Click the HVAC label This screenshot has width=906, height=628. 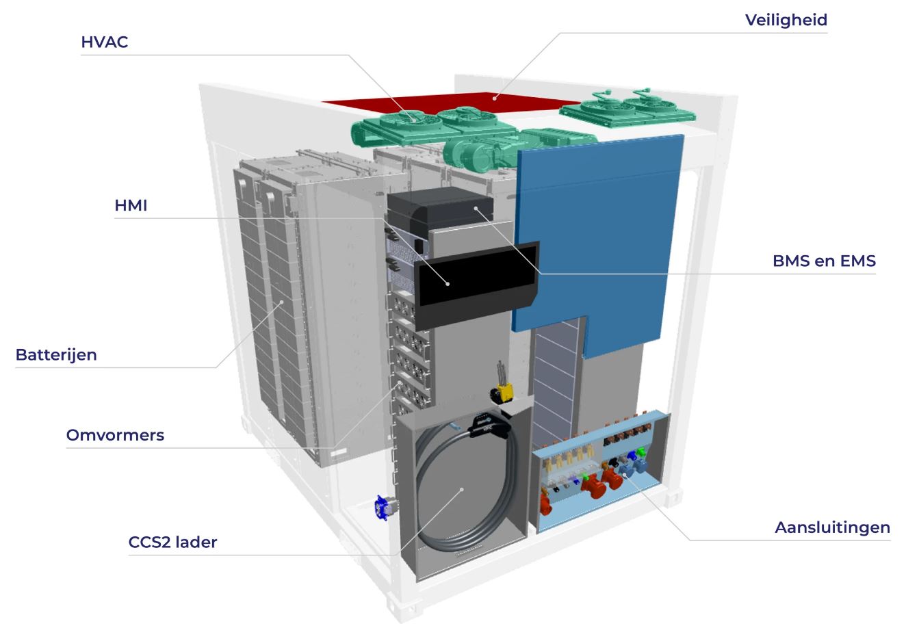point(105,42)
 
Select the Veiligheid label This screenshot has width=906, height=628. point(786,20)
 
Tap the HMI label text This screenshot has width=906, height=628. point(131,205)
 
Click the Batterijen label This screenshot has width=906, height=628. point(56,355)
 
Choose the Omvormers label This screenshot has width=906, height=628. point(115,435)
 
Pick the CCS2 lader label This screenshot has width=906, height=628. point(172,542)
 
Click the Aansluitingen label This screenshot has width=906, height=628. point(832,527)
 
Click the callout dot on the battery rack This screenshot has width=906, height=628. point(281,302)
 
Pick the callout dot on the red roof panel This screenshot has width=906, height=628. point(498,98)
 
